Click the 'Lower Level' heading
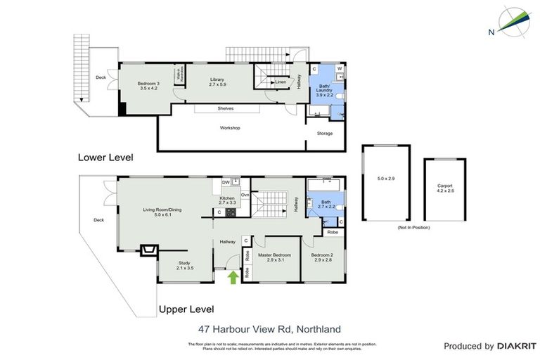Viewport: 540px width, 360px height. tap(105, 157)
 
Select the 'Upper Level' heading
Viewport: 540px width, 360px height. tap(186, 309)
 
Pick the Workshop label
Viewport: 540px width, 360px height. tap(230, 127)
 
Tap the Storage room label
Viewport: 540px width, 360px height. tap(324, 133)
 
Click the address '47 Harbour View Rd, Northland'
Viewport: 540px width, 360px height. tap(269, 328)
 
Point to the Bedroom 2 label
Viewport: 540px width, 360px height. tap(321, 257)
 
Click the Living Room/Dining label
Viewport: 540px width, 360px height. tap(162, 212)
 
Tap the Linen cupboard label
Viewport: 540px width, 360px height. tap(280, 82)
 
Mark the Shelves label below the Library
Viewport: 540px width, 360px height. tap(225, 108)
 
